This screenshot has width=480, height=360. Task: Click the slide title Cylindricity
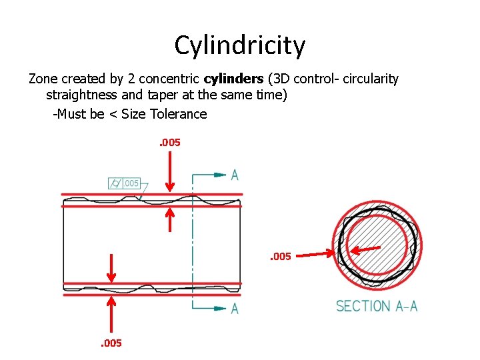pos(240,45)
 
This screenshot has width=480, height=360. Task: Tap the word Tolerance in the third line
pos(179,114)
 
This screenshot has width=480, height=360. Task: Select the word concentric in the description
pos(169,79)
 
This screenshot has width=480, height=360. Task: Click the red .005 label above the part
pos(169,142)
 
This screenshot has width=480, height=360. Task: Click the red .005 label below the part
pos(111,343)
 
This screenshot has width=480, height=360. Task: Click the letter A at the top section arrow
pos(235,175)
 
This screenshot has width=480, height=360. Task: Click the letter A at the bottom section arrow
pos(235,309)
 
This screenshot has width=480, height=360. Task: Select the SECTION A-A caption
pos(377,307)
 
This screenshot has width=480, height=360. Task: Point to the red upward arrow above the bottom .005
pos(111,313)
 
